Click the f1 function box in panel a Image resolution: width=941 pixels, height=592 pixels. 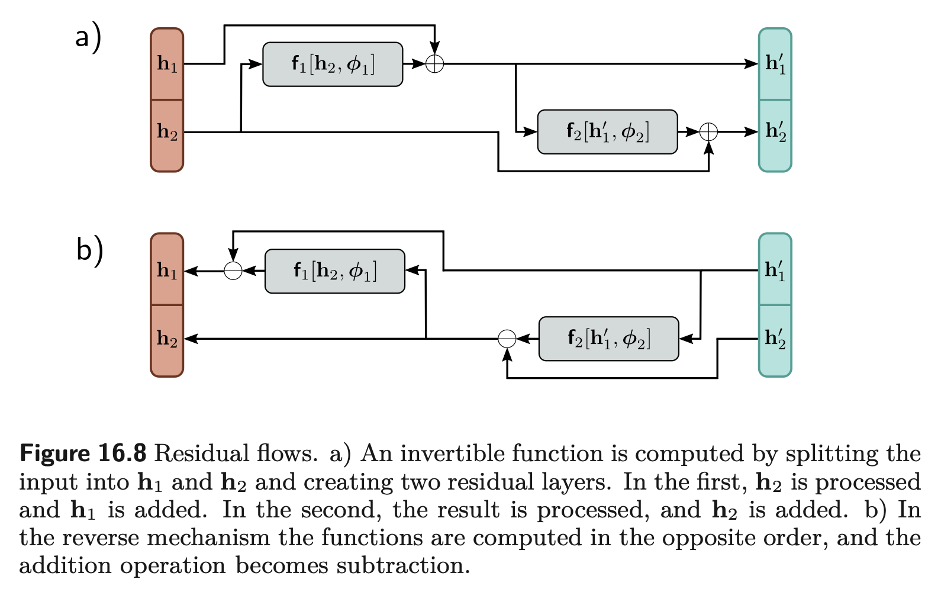[x=333, y=65]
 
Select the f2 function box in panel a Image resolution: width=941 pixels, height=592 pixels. [x=607, y=132]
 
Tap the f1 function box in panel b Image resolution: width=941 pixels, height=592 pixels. [x=335, y=271]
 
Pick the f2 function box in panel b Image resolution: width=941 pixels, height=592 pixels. [x=609, y=339]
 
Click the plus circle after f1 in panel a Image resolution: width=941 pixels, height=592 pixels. [x=434, y=64]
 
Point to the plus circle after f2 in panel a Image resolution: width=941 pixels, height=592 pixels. [x=708, y=132]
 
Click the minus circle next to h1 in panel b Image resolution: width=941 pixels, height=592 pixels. [x=233, y=271]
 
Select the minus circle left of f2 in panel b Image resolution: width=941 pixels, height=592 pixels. [x=507, y=339]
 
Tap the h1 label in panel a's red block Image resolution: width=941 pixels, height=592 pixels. [x=167, y=65]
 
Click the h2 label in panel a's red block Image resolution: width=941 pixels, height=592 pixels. [x=167, y=132]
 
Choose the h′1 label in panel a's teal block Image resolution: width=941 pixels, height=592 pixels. [x=775, y=63]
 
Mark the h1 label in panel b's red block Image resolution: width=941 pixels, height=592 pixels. [x=167, y=271]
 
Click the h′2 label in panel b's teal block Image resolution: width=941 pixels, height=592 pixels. [x=775, y=338]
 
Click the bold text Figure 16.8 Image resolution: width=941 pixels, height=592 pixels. [x=83, y=453]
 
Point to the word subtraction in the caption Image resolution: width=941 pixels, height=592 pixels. [x=403, y=565]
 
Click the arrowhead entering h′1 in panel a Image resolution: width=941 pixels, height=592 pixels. [x=751, y=64]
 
